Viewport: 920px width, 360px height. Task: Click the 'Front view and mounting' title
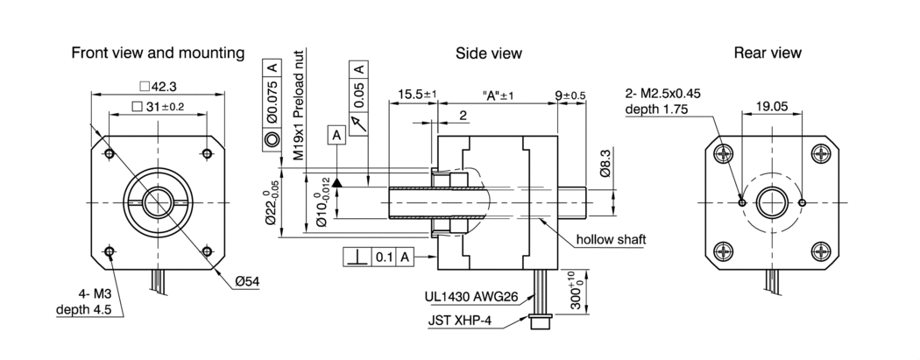pyautogui.click(x=158, y=53)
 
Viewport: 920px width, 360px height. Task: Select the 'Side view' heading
pyautogui.click(x=489, y=53)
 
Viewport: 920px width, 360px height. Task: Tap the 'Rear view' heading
pyautogui.click(x=768, y=53)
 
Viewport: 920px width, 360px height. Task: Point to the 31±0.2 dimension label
pyautogui.click(x=158, y=107)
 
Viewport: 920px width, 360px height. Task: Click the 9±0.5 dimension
pyautogui.click(x=570, y=94)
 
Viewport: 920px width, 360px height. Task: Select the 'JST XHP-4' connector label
pyautogui.click(x=460, y=320)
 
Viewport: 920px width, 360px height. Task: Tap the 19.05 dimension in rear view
pyautogui.click(x=772, y=106)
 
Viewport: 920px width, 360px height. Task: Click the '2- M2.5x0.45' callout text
pyautogui.click(x=663, y=94)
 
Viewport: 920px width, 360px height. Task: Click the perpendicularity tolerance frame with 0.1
pyautogui.click(x=378, y=257)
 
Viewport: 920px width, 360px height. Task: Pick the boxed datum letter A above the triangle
pyautogui.click(x=336, y=135)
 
